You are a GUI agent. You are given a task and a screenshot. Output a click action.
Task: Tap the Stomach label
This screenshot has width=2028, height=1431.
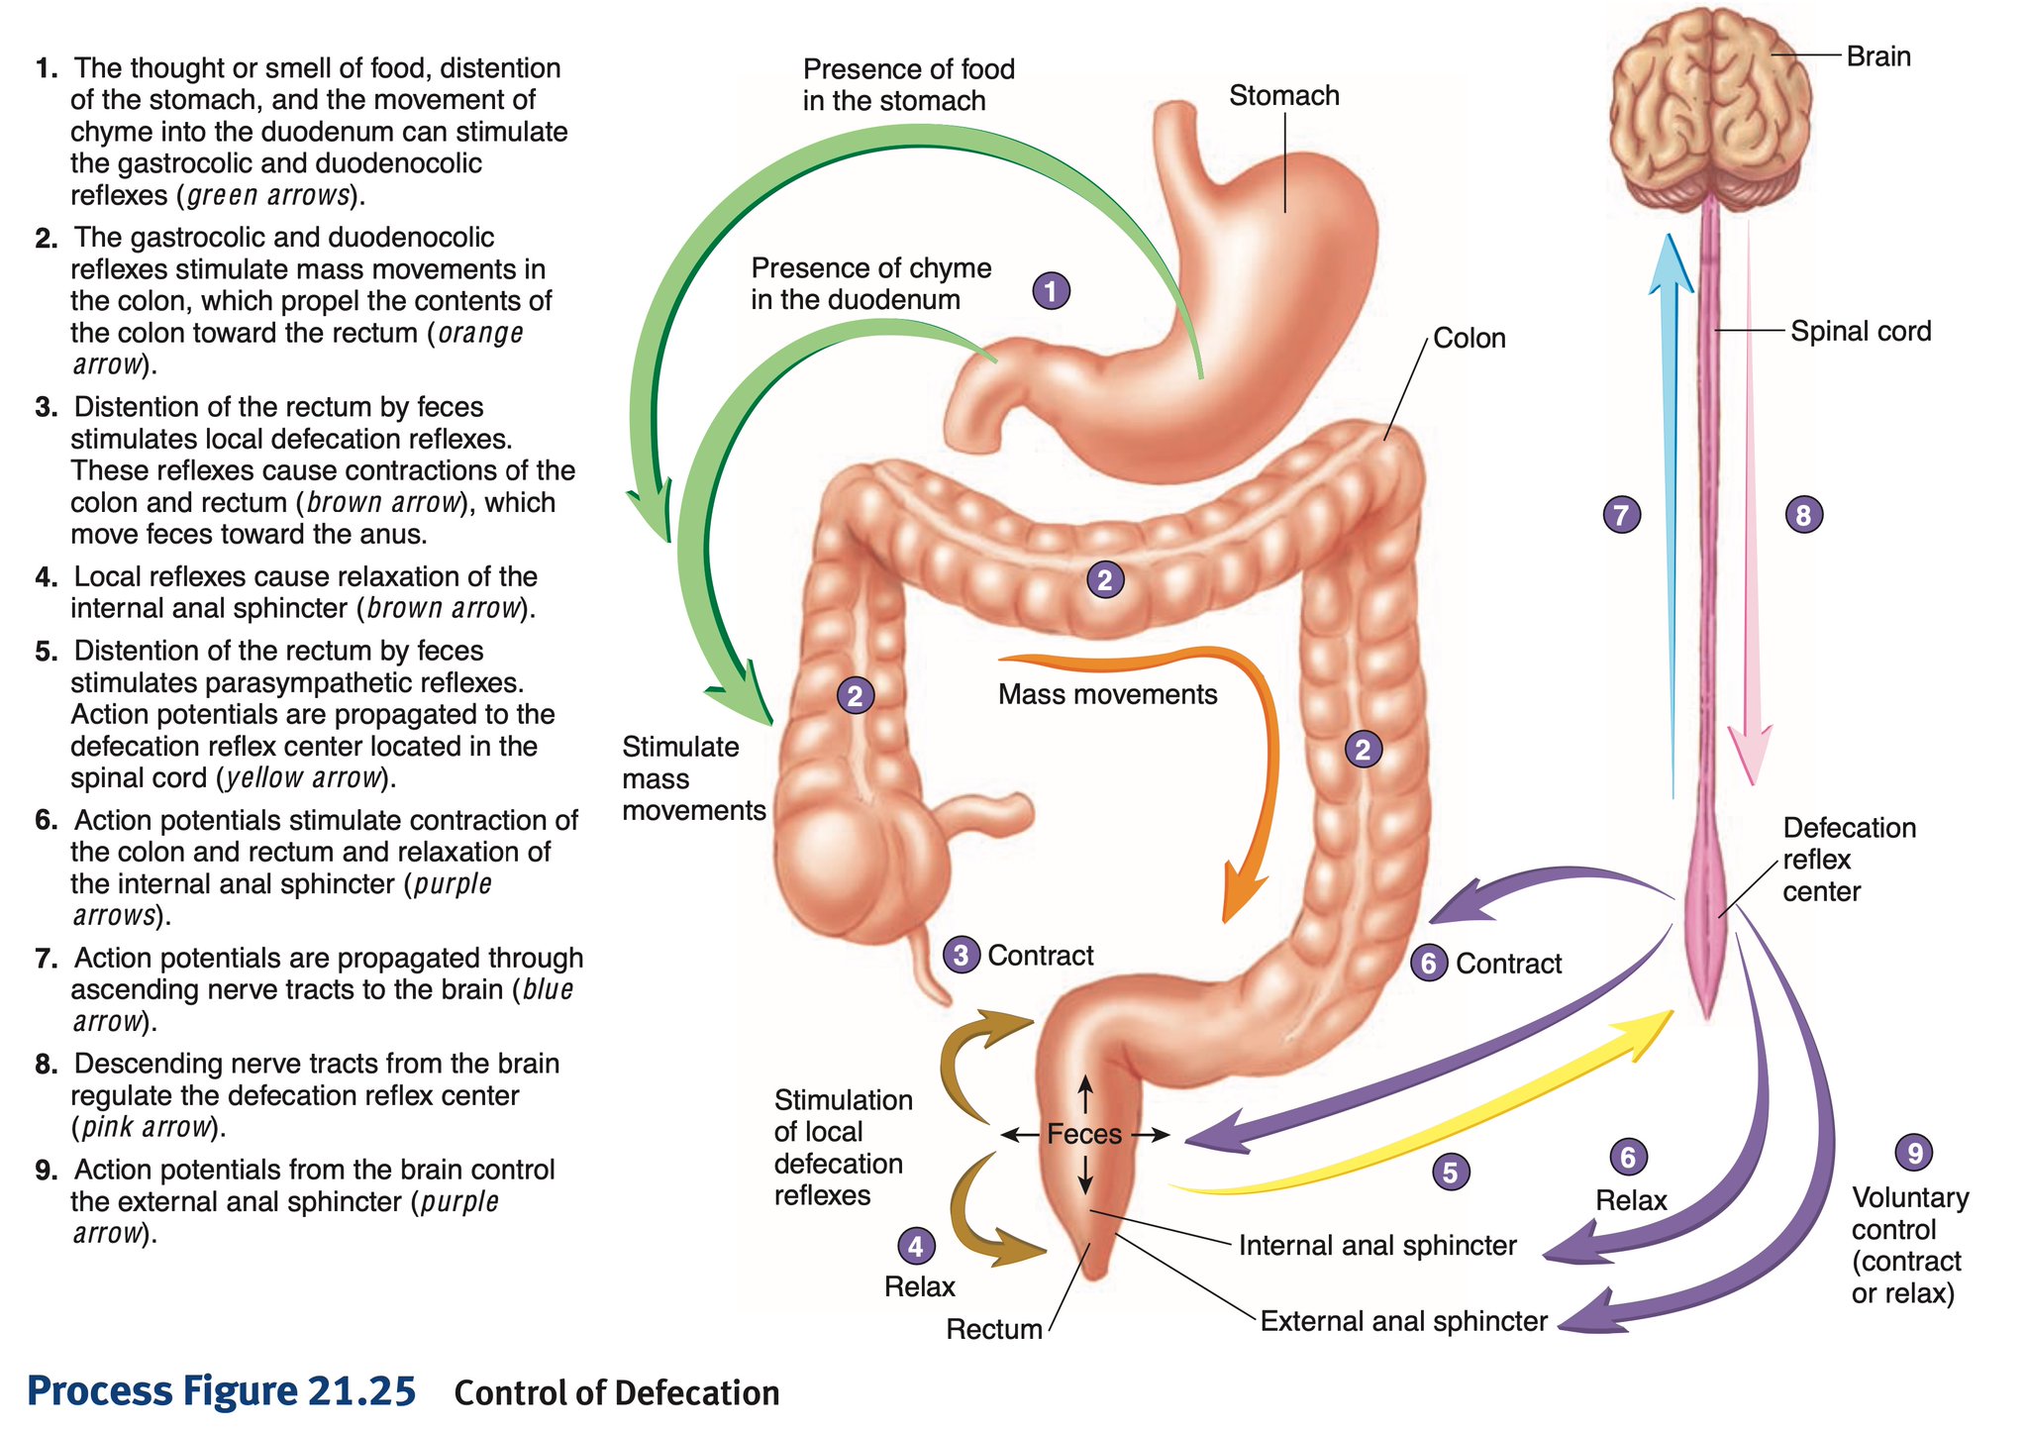(1283, 96)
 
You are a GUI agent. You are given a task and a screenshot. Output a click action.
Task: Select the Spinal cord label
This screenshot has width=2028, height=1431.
(1860, 331)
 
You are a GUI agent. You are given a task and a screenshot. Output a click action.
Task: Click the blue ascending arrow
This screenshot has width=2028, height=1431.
(1673, 495)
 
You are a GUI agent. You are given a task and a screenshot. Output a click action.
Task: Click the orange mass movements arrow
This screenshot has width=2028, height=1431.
(1258, 753)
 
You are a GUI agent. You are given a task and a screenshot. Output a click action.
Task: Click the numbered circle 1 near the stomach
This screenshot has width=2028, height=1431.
(1051, 291)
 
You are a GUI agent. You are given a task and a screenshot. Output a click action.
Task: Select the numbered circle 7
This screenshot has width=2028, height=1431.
(1621, 515)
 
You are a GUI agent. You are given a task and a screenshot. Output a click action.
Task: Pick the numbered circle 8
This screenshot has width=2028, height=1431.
(1802, 515)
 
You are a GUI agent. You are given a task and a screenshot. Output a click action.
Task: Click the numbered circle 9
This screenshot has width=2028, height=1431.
(1913, 1153)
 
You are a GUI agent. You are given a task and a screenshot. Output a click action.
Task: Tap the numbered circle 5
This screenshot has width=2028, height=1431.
(1450, 1173)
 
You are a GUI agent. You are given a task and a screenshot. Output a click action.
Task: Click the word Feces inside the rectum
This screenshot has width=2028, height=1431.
(1084, 1134)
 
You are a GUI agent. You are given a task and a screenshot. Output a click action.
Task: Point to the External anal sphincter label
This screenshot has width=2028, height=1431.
(1403, 1321)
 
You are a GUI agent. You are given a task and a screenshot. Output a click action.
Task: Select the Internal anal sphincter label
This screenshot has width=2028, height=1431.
(1377, 1246)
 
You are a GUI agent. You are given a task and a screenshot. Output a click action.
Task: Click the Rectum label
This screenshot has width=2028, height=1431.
(994, 1329)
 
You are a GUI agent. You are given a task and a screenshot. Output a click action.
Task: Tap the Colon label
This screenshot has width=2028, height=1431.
(1469, 339)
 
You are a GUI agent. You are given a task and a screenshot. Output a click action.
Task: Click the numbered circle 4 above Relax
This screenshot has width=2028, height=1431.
(915, 1246)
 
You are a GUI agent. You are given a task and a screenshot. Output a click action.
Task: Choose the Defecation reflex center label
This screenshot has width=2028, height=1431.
(1848, 860)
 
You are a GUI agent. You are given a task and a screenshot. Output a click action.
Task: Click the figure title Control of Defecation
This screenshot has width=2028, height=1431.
(616, 1393)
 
